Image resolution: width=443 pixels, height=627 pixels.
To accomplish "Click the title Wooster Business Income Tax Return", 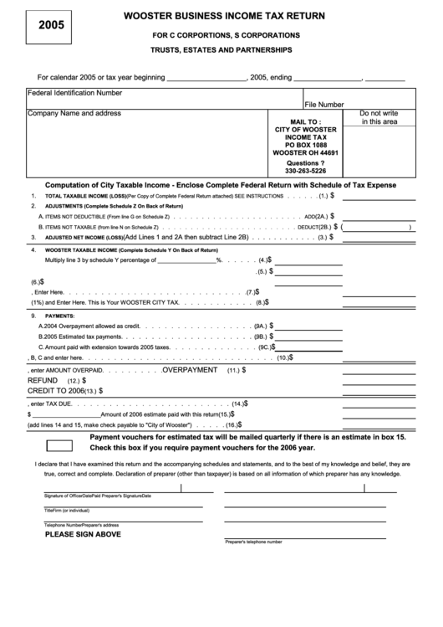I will (225, 16).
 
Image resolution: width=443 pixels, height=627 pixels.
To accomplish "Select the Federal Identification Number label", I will (75, 92).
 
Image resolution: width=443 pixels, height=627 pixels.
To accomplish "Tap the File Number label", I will (324, 105).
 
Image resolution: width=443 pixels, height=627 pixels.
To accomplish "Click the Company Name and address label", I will (74, 113).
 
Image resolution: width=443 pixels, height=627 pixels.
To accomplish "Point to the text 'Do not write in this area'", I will (379, 117).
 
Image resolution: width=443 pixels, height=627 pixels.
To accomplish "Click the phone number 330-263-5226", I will (306, 171).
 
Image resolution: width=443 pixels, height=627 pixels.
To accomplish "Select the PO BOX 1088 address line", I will (306, 146).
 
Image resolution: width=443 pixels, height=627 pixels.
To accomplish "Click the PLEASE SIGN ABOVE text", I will (83, 533).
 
